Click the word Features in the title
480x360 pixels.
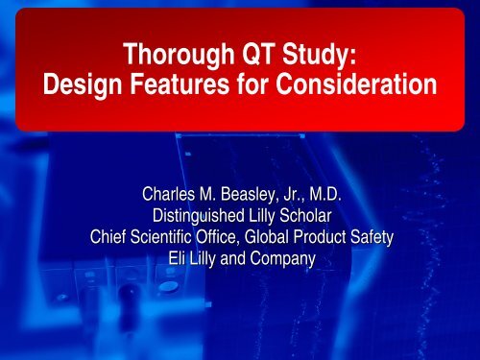pyautogui.click(x=175, y=90)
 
